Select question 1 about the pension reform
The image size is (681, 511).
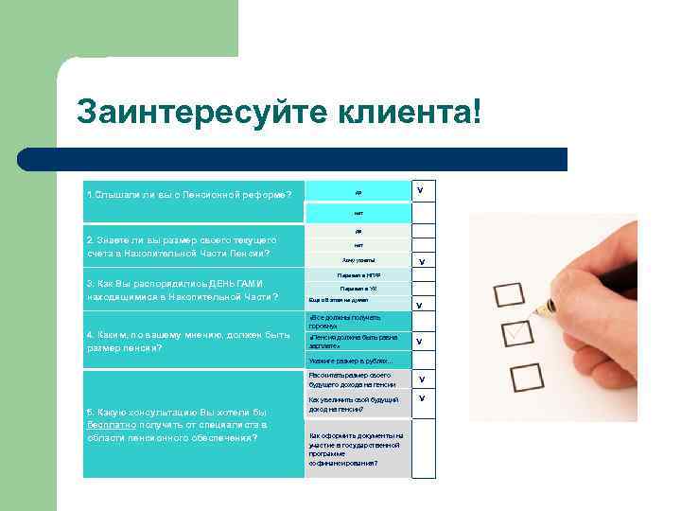click(x=189, y=194)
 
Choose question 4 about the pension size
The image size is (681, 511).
click(x=188, y=341)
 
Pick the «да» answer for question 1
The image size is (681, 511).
click(x=358, y=192)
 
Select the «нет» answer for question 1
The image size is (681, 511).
click(x=358, y=213)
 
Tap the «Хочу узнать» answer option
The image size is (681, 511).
click(x=358, y=260)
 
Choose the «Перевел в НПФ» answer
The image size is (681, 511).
click(x=358, y=275)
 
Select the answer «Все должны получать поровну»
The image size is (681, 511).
click(x=344, y=321)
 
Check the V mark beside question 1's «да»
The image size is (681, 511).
click(x=420, y=190)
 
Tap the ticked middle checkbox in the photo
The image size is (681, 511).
click(x=517, y=334)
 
